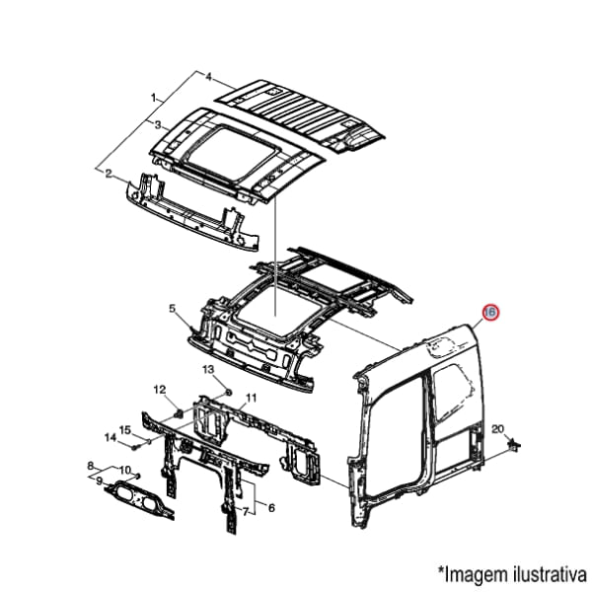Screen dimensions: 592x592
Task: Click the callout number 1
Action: pos(153,98)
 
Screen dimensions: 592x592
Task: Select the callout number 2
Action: pos(109,174)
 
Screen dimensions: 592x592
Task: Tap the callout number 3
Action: pos(158,125)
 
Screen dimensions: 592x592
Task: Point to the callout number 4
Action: pos(209,77)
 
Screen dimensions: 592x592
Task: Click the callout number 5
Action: pos(172,309)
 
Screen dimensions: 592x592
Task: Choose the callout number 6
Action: pos(271,508)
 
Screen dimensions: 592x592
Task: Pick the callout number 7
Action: pos(246,511)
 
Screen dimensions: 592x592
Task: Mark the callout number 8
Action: pos(90,466)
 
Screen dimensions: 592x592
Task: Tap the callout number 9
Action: pos(99,481)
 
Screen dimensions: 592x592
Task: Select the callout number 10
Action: pos(125,470)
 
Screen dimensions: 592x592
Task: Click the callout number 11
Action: pos(251,398)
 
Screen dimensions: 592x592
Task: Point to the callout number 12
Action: pos(160,389)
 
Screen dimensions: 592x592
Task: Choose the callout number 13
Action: pos(208,369)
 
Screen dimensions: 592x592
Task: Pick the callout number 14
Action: pos(111,437)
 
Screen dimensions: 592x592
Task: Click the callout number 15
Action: pos(125,429)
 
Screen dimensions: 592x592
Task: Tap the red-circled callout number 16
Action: pos(490,312)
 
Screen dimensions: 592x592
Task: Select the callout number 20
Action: pos(498,429)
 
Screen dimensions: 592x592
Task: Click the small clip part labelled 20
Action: pos(514,445)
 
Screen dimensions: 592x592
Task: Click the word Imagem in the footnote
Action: pos(478,575)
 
